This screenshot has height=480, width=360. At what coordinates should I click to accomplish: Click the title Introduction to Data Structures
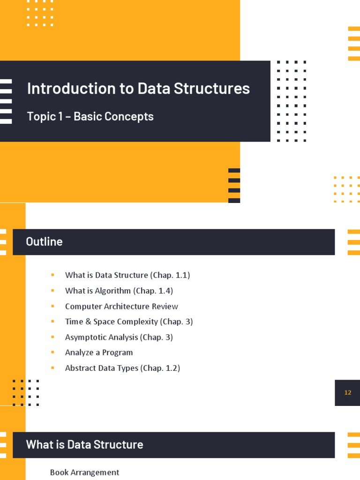[138, 88]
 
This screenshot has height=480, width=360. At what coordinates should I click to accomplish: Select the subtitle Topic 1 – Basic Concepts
[90, 116]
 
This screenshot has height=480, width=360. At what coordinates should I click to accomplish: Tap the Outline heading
[44, 242]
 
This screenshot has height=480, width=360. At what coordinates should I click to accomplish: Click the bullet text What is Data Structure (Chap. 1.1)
[127, 275]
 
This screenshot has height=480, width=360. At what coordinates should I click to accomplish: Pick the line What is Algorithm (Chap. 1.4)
[119, 291]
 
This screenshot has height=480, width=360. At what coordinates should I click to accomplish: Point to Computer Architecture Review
[121, 306]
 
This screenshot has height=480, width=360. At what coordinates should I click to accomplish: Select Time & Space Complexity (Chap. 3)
[129, 322]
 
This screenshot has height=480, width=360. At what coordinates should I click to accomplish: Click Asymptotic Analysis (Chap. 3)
[119, 337]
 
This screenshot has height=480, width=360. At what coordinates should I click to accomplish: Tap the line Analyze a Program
[99, 352]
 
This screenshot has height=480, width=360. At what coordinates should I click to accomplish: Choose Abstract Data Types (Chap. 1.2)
[122, 368]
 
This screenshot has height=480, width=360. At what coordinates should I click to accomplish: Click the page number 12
[347, 393]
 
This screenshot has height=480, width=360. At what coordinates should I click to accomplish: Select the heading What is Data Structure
[84, 444]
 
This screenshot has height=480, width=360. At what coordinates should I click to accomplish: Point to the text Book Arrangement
[84, 472]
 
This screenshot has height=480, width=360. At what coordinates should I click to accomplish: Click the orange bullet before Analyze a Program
[53, 352]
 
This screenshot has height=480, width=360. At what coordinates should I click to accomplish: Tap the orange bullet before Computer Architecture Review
[53, 306]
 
